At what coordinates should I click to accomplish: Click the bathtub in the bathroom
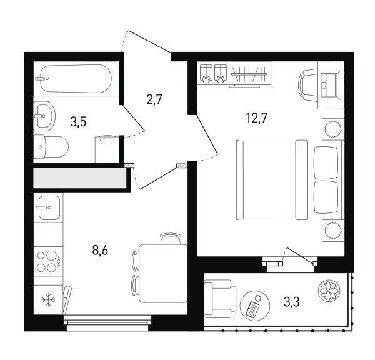(76, 79)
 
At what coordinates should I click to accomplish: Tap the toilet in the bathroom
(51, 147)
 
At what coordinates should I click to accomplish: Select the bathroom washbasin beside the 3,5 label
(44, 116)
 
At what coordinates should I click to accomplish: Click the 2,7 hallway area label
(154, 99)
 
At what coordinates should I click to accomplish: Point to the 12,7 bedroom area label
(256, 117)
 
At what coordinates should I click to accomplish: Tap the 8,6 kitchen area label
(100, 251)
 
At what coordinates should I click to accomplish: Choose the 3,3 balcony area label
(291, 302)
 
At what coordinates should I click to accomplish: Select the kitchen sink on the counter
(49, 207)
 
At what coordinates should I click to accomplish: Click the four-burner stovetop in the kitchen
(49, 261)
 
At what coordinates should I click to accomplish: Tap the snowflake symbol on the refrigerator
(48, 300)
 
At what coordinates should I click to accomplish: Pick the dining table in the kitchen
(163, 274)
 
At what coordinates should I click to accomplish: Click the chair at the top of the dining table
(171, 239)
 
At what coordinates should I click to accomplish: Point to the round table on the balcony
(255, 304)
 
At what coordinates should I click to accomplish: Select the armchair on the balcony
(220, 299)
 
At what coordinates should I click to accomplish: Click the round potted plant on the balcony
(329, 291)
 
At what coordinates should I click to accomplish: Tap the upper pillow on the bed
(326, 162)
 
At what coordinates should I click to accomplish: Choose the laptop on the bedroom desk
(330, 84)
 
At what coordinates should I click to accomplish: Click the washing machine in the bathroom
(107, 149)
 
